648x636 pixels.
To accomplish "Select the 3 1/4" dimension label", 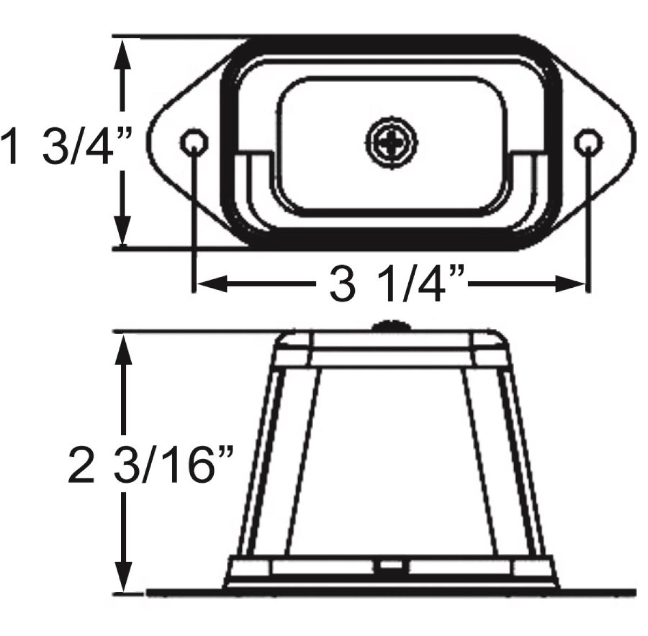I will click(x=391, y=285).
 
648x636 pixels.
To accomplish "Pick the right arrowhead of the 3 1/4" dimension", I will click(x=570, y=283).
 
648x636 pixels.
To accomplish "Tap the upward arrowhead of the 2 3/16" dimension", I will click(x=124, y=348).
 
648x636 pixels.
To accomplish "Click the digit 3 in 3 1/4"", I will click(x=341, y=285).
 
